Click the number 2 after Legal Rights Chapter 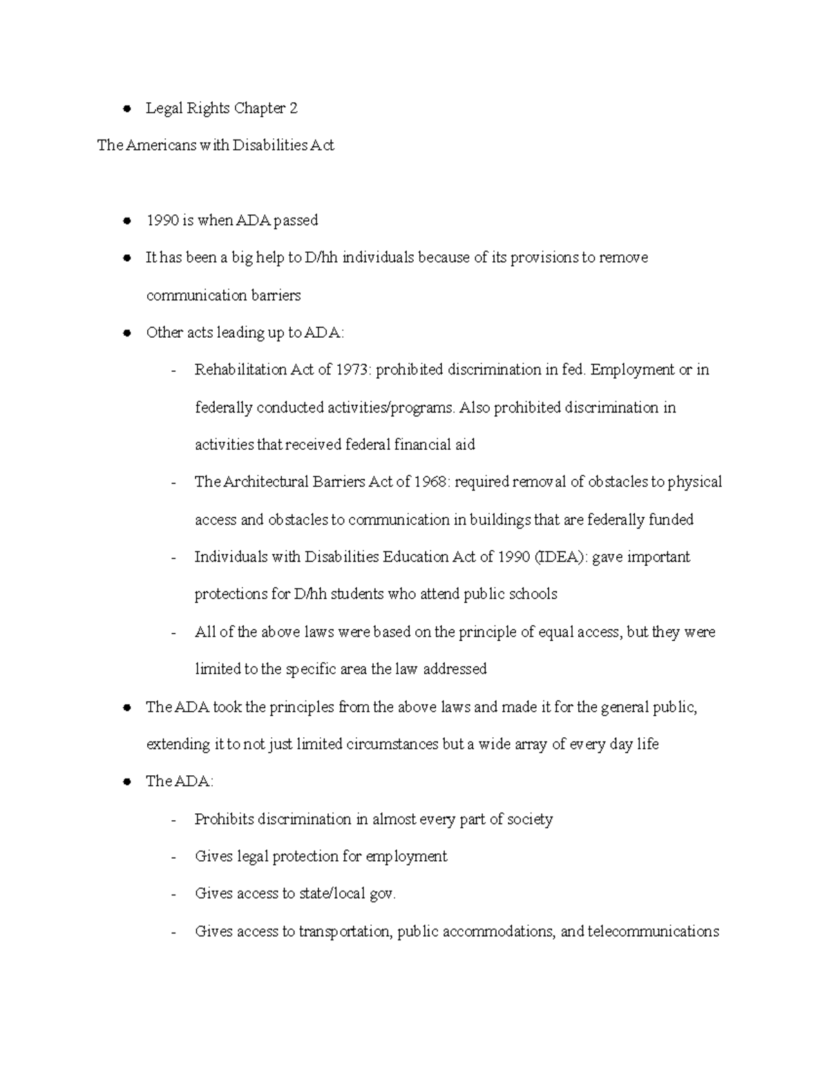click(294, 108)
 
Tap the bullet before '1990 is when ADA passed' click(126, 221)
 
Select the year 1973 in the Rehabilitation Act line click(353, 370)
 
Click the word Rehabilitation click(240, 370)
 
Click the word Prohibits click(225, 819)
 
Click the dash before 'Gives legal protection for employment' click(174, 857)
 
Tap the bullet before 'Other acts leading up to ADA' click(126, 333)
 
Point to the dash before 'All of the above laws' click(174, 633)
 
